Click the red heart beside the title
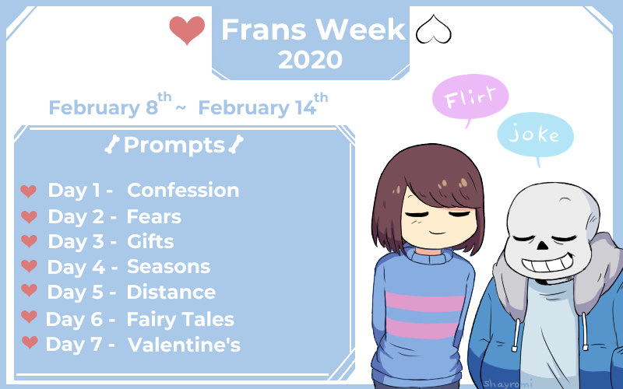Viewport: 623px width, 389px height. click(187, 30)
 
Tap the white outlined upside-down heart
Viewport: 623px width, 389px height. click(434, 30)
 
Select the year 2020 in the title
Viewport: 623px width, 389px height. click(310, 60)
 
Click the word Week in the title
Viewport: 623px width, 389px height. click(361, 30)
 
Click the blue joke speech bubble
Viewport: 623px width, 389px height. click(536, 135)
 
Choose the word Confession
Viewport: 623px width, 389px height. click(183, 190)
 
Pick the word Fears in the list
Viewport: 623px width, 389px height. click(153, 217)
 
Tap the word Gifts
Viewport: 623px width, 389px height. click(150, 241)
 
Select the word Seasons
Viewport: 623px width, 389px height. click(168, 267)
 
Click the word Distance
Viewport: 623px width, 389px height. click(171, 293)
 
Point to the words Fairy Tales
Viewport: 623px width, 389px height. click(181, 320)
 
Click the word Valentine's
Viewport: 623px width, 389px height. click(184, 345)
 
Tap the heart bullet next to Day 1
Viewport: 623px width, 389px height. click(29, 191)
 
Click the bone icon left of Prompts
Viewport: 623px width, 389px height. click(112, 144)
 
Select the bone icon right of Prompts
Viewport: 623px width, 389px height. click(236, 144)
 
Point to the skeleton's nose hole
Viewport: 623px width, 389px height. click(543, 244)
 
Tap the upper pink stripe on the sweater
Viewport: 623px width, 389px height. click(424, 302)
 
